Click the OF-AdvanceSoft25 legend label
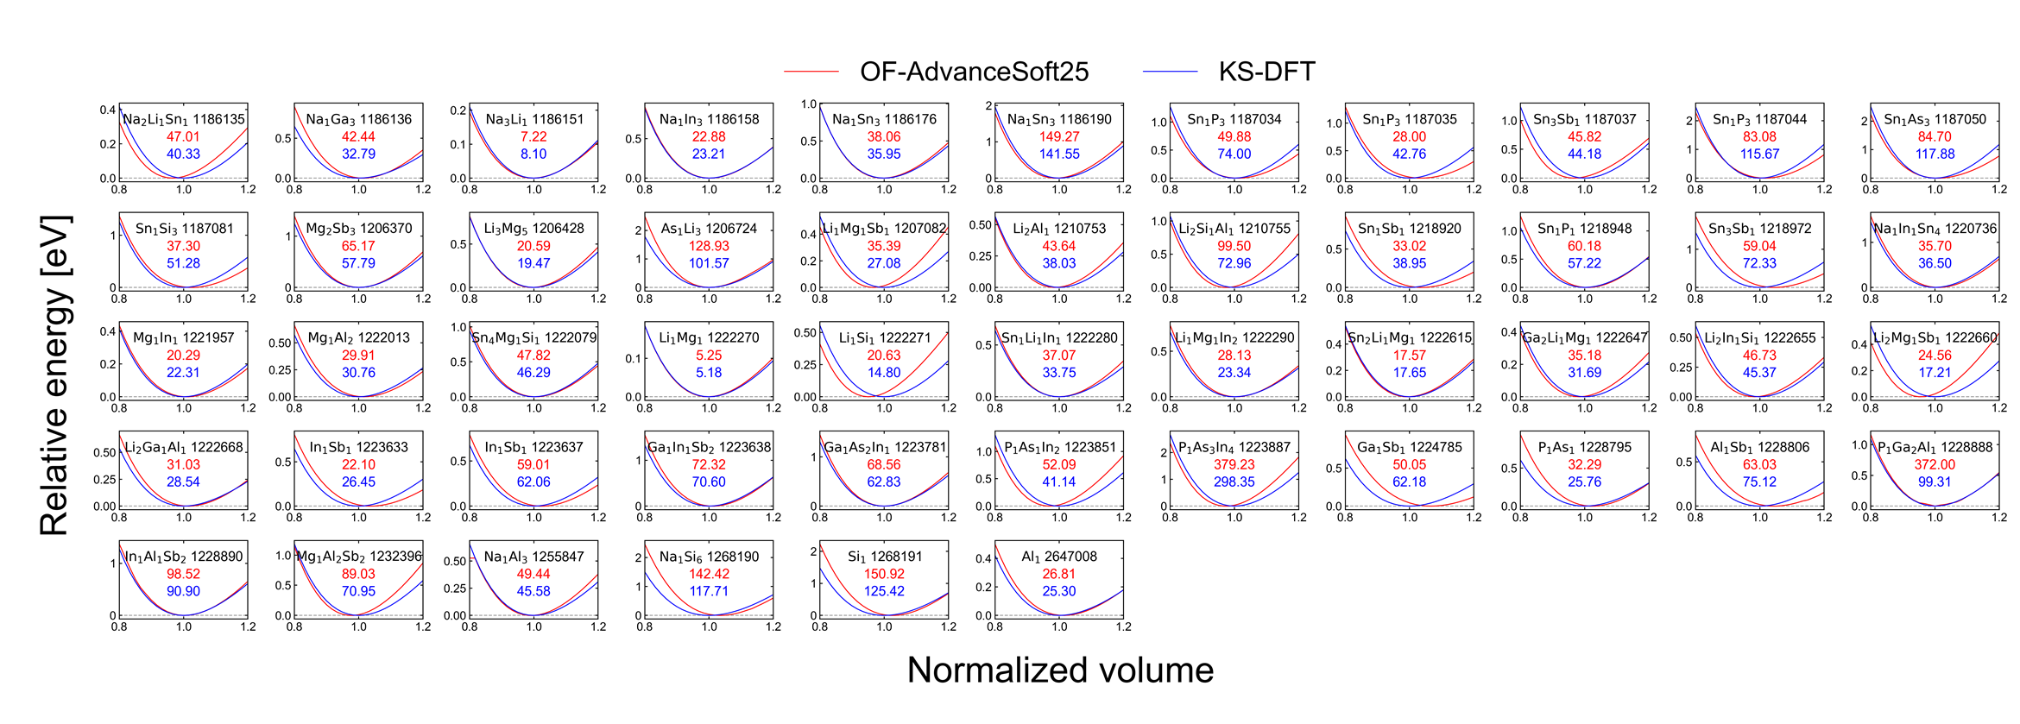pyautogui.click(x=974, y=72)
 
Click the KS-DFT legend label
pyautogui.click(x=1266, y=72)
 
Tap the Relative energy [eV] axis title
pyautogui.click(x=54, y=375)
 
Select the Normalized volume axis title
pyautogui.click(x=1060, y=670)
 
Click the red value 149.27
pyautogui.click(x=1058, y=136)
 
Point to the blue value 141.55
pyautogui.click(x=1058, y=154)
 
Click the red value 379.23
pyautogui.click(x=1234, y=464)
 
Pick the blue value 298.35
pyautogui.click(x=1234, y=482)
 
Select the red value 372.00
pyautogui.click(x=1935, y=464)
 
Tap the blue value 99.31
pyautogui.click(x=1935, y=482)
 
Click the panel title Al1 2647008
pyautogui.click(x=1058, y=557)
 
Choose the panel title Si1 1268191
pyautogui.click(x=884, y=557)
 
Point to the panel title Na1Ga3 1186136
pyautogui.click(x=358, y=119)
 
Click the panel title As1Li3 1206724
pyautogui.click(x=709, y=229)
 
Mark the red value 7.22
pyautogui.click(x=533, y=136)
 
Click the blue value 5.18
pyautogui.click(x=709, y=373)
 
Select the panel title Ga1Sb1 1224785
pyautogui.click(x=1409, y=447)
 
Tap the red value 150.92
pyautogui.click(x=884, y=574)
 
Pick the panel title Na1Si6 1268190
pyautogui.click(x=709, y=557)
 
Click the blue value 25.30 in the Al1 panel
pyautogui.click(x=1058, y=591)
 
